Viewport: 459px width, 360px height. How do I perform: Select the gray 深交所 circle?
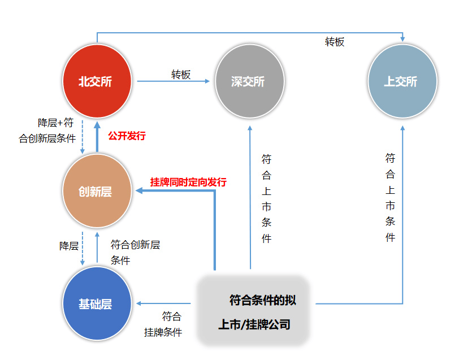[249, 81]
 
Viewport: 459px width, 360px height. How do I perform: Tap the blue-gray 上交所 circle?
[402, 81]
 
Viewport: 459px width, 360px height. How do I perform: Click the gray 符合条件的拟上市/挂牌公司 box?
[254, 311]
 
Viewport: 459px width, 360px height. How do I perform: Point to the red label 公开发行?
[127, 136]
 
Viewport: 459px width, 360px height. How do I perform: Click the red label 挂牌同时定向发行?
[188, 182]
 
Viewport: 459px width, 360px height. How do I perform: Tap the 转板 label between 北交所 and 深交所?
[181, 74]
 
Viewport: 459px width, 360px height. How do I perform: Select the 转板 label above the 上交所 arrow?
[334, 42]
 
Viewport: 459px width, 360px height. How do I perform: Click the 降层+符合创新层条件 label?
[47, 131]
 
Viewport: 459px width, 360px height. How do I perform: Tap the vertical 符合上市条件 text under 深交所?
[266, 198]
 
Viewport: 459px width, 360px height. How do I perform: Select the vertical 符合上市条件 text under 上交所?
[390, 197]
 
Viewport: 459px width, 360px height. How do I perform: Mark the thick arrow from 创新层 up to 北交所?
[97, 136]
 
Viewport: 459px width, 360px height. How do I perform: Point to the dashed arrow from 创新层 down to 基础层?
[83, 248]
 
